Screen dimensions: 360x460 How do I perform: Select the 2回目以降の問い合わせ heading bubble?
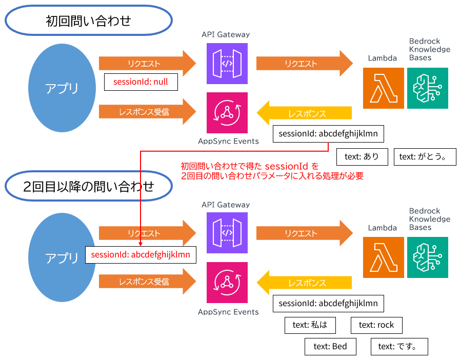coord(88,187)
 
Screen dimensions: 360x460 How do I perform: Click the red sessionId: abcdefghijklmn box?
coord(140,254)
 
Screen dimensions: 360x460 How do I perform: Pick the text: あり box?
coord(361,157)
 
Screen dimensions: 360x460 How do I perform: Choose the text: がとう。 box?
coord(425,157)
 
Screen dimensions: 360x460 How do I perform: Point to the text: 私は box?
coord(310,325)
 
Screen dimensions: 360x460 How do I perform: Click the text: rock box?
coord(376,325)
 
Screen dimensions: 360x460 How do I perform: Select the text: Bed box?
coord(330,346)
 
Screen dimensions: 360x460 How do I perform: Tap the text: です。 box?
coord(399,346)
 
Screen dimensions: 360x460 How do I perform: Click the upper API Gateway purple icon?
coord(227,64)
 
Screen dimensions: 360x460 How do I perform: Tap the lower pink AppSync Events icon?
coord(227,283)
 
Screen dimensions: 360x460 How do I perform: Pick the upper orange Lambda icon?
coord(383,88)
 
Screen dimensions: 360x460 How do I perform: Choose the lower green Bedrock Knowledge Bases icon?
coord(428,257)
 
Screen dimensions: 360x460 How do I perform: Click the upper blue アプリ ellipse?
coord(62,88)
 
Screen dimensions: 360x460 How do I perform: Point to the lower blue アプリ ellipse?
coord(62,258)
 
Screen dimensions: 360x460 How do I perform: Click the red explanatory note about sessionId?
coord(272,171)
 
